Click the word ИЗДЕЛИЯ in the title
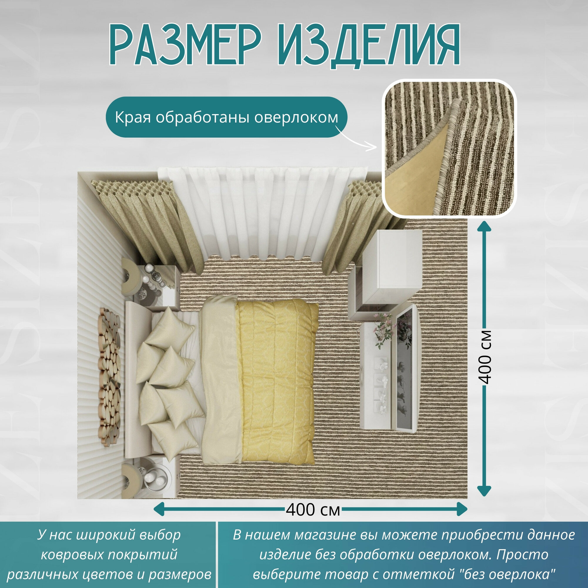(368, 46)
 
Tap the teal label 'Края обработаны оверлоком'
(226, 117)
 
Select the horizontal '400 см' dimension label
(313, 510)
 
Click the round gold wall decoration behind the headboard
(109, 377)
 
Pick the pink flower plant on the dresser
(384, 330)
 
